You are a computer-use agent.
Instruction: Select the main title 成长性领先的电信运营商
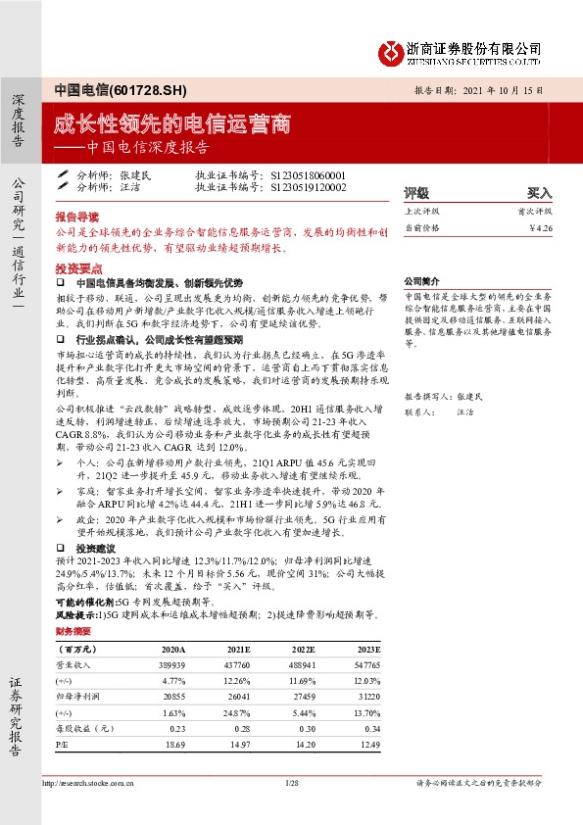coord(172,123)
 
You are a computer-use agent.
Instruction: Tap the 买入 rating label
coord(539,193)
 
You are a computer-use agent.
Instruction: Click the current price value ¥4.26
coord(540,228)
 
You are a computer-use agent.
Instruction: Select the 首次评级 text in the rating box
coord(535,211)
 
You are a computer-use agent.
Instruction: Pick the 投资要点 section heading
coord(75,267)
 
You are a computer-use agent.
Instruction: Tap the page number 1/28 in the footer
coord(291,784)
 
